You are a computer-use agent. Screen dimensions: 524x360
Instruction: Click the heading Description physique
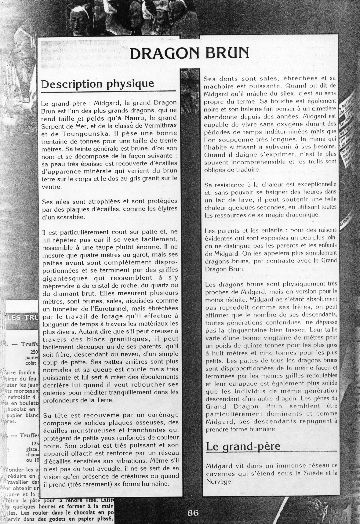coord(97,84)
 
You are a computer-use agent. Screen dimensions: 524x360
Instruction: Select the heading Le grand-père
coord(243,446)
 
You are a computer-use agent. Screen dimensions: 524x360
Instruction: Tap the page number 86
coord(193,513)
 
